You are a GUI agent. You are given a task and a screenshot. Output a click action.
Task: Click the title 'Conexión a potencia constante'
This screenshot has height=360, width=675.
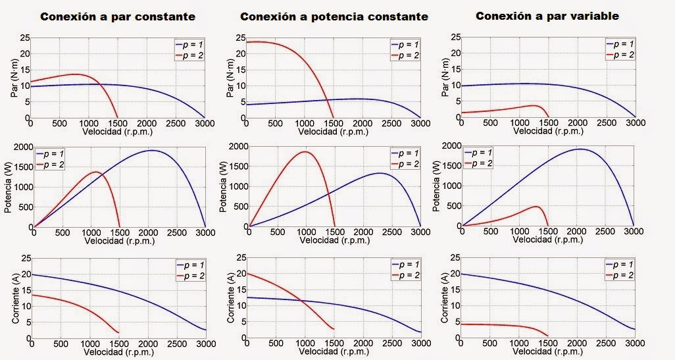[334, 16]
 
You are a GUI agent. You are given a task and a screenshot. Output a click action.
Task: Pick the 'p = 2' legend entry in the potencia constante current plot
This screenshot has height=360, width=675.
[407, 274]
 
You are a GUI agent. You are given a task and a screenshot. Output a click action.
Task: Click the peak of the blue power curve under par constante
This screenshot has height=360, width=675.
[151, 151]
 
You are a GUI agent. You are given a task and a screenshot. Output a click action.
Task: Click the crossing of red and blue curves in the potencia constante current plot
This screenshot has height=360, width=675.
[303, 301]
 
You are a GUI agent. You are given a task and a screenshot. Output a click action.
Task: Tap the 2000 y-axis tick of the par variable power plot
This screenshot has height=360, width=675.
[449, 145]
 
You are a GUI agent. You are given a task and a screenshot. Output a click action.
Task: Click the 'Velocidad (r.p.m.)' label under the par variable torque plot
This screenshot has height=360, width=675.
[547, 130]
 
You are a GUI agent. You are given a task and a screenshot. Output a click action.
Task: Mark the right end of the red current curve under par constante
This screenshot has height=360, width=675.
[118, 332]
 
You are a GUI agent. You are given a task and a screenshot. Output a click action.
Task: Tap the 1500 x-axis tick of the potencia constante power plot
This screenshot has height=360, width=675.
[335, 232]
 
